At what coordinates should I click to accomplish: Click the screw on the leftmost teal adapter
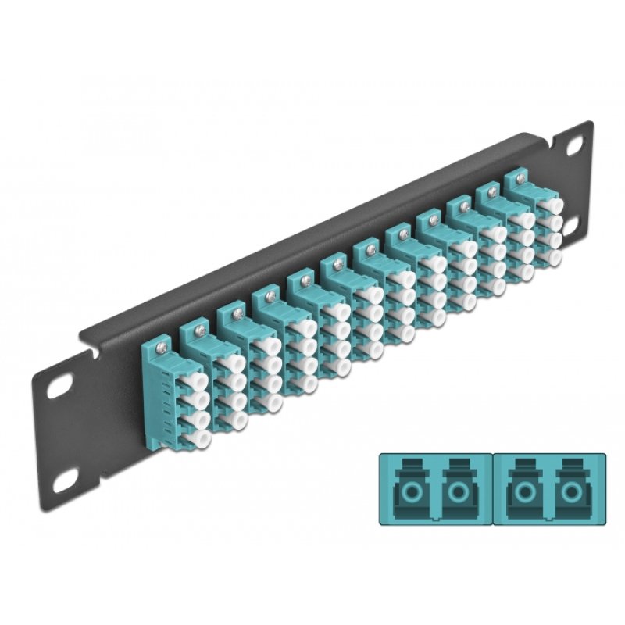pos(161,341)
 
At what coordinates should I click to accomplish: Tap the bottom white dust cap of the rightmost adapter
pos(555,255)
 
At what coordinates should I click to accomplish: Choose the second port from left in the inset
pos(457,491)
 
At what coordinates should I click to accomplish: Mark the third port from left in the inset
pos(520,491)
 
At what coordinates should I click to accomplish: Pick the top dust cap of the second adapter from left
pos(232,364)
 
